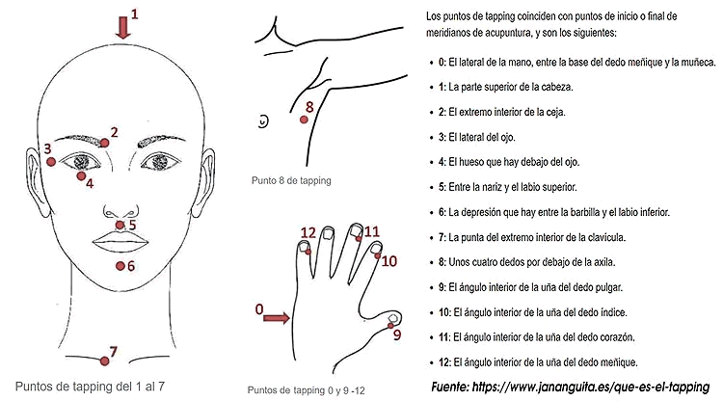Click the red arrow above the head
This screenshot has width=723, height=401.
[123, 28]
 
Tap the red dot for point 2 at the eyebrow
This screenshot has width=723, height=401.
[105, 143]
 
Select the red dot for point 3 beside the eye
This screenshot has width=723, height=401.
[51, 162]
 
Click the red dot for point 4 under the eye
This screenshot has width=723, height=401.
[81, 175]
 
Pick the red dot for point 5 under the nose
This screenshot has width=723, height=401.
[120, 225]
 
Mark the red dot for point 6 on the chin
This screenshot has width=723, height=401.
[120, 266]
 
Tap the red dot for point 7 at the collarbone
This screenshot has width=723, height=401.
[105, 361]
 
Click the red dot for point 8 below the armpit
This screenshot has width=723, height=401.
[304, 120]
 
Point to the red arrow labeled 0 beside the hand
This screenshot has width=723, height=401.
[277, 318]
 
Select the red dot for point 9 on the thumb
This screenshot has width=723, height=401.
[390, 326]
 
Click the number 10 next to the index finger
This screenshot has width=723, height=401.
[388, 261]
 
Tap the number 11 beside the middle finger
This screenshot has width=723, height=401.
[372, 231]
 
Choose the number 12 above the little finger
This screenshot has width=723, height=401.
[308, 232]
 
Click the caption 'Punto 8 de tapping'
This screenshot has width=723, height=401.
[291, 180]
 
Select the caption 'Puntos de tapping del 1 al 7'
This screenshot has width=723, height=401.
[90, 387]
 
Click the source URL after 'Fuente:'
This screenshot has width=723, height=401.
[591, 387]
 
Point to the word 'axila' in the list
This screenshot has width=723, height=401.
[604, 262]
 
